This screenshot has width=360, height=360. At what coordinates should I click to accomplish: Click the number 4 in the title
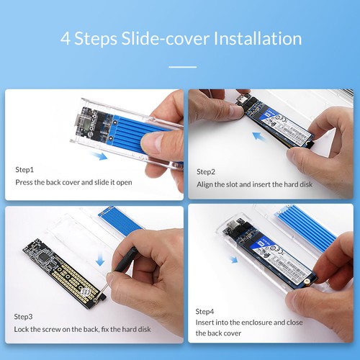(66, 37)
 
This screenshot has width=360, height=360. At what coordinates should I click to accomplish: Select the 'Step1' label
(24, 170)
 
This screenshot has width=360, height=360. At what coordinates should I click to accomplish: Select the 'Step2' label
(206, 171)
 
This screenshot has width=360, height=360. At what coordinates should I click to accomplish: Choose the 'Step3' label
(24, 316)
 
